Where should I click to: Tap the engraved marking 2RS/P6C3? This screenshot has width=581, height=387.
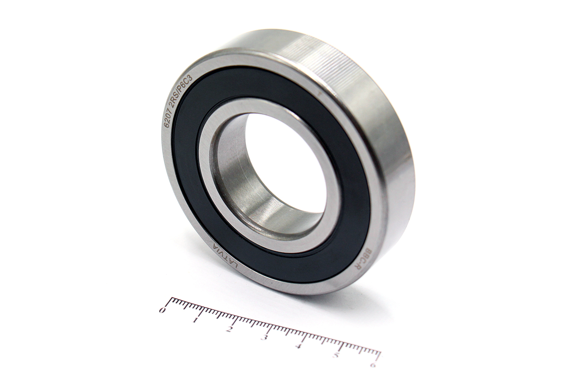pyautogui.click(x=181, y=89)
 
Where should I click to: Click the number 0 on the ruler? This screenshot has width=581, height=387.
pyautogui.click(x=162, y=310)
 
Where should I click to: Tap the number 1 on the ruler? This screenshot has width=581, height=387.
pyautogui.click(x=195, y=320)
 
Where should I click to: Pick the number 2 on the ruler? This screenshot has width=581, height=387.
pyautogui.click(x=229, y=329)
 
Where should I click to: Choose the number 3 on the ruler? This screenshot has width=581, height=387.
pyautogui.click(x=264, y=338)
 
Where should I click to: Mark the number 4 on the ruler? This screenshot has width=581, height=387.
pyautogui.click(x=300, y=346)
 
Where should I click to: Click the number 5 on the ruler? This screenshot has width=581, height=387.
pyautogui.click(x=336, y=355)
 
